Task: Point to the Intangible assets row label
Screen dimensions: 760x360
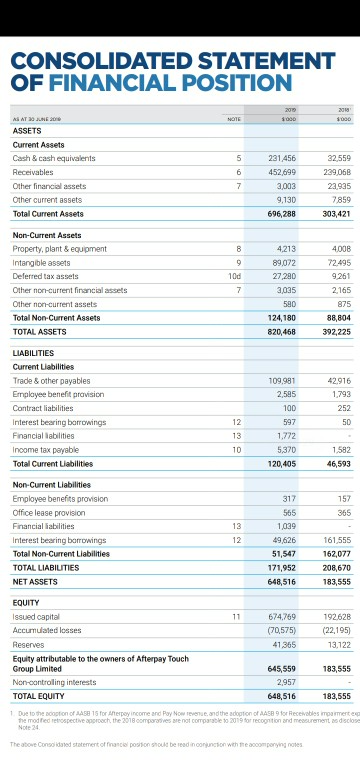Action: click(40, 262)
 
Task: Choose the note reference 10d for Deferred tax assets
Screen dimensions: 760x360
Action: click(235, 276)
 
